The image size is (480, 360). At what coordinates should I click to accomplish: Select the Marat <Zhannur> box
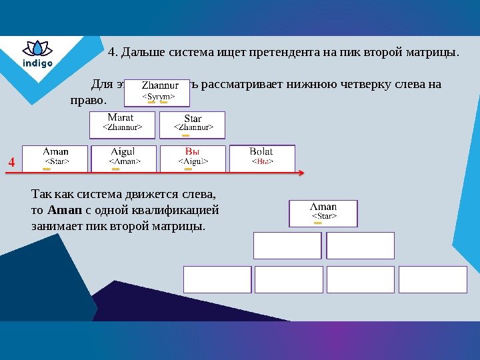coord(122,124)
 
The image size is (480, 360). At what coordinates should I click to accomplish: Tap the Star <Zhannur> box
coord(193,124)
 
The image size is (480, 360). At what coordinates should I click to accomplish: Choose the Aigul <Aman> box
coord(123,158)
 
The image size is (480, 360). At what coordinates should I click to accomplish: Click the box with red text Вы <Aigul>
coord(192,158)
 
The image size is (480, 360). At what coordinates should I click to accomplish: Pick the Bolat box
coord(262,158)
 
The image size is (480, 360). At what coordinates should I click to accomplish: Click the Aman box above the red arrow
coord(55,158)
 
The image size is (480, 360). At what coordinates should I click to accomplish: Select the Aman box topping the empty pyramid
coord(323,213)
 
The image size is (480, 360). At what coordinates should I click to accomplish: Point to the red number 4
coord(11,162)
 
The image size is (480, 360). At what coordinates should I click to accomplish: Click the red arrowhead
coord(301,173)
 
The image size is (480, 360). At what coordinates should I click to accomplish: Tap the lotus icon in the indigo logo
coord(37,49)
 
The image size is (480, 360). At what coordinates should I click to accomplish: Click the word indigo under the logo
coord(37,64)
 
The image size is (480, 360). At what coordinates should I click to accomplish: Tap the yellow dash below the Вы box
coord(187,169)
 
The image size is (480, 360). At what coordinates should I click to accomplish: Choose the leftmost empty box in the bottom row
coord(217,279)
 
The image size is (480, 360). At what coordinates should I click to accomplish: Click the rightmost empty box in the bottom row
coord(433,279)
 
